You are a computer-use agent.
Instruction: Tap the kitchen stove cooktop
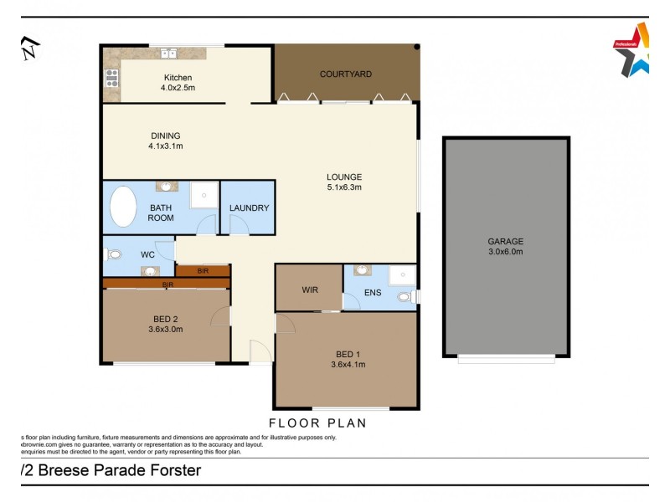111,78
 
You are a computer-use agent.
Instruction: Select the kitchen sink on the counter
168,54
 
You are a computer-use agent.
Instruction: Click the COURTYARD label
346,74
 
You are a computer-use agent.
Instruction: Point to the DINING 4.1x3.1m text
166,141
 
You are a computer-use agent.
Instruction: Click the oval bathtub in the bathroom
124,207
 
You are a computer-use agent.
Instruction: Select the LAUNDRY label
249,207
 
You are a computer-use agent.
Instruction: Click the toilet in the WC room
114,254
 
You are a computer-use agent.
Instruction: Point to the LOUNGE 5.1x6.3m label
344,182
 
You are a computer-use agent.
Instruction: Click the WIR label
309,290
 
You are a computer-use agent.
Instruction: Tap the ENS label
373,293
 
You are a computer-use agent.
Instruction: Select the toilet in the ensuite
405,296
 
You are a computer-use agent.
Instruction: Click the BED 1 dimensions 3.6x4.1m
348,364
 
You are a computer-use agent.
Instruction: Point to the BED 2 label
166,319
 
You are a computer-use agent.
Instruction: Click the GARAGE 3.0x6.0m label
505,246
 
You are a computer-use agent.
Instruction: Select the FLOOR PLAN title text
317,423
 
